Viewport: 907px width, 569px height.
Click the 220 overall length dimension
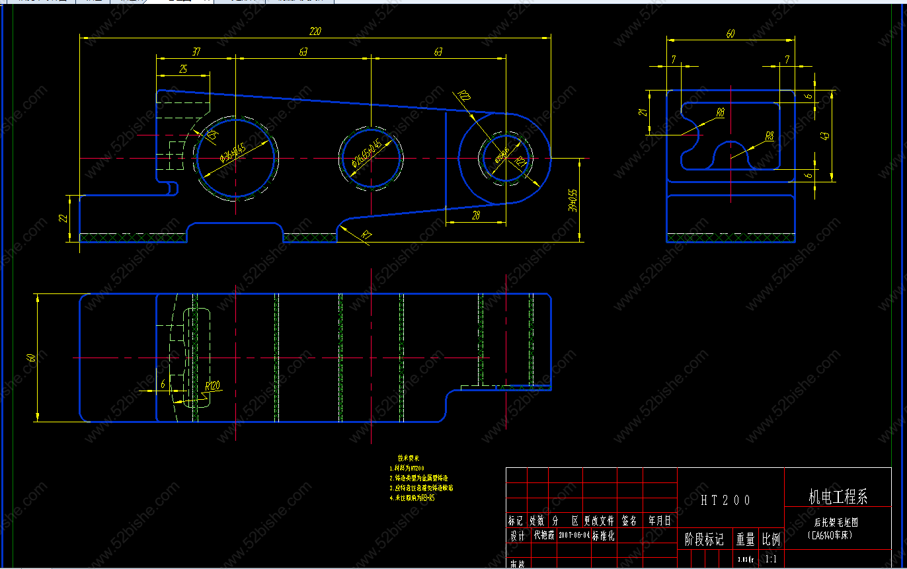point(315,31)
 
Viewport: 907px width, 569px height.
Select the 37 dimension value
point(196,52)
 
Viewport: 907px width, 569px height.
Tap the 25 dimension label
point(183,69)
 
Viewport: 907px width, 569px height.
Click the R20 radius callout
point(464,96)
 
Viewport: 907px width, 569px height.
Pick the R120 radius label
point(212,386)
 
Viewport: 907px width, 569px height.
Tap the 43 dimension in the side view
point(824,135)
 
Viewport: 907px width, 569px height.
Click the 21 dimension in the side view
point(642,112)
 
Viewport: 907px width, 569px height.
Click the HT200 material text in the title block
point(726,500)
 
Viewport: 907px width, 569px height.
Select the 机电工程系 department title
point(838,497)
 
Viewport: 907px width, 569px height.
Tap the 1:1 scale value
point(771,559)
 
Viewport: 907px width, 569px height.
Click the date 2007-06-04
point(574,536)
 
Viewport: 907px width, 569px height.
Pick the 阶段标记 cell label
point(704,539)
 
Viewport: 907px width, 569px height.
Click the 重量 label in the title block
point(746,539)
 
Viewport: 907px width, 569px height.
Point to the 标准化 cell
point(604,536)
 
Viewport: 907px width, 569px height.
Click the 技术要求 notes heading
point(409,458)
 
